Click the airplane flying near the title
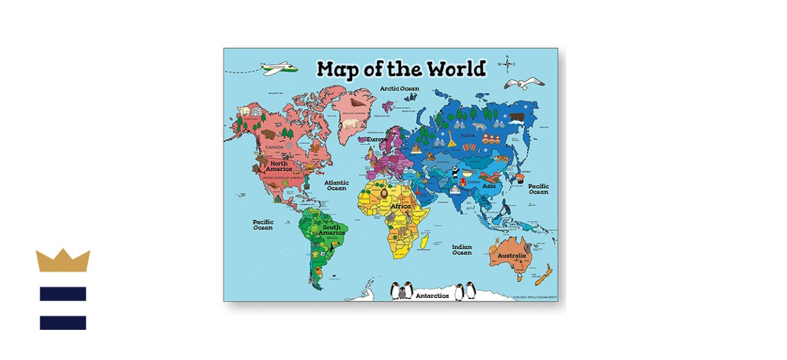279,67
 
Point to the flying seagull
523,83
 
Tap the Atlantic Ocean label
336,185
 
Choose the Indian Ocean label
462,249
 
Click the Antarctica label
432,296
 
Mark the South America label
332,230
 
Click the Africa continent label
400,206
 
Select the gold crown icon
63,261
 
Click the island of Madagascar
423,242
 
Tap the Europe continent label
377,139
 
